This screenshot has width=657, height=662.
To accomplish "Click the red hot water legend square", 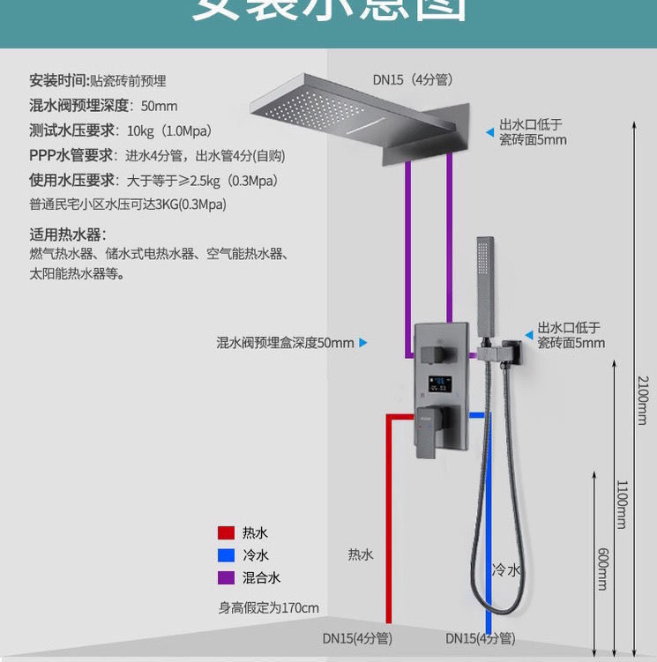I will click(x=226, y=532).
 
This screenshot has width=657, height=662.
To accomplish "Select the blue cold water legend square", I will click(x=226, y=555).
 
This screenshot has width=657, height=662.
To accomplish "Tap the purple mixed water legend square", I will click(x=226, y=578).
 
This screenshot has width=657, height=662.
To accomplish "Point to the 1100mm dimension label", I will click(x=621, y=504).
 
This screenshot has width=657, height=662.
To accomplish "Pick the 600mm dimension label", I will click(x=603, y=569).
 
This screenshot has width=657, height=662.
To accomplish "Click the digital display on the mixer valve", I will click(x=440, y=383).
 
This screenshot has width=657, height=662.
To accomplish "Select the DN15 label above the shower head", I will click(x=412, y=79).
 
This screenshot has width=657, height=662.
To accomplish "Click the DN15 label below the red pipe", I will click(x=357, y=638).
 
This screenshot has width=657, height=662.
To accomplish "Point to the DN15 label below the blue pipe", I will click(x=480, y=638).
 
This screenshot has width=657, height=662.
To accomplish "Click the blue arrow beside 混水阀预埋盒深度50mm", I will click(x=362, y=343).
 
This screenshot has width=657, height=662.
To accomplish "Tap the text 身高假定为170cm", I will click(x=269, y=607).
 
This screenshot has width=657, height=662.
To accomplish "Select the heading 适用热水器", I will click(x=67, y=234).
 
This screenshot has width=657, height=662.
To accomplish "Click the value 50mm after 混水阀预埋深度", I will click(x=160, y=106).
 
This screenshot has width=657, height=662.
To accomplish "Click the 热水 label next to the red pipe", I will click(x=360, y=554).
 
